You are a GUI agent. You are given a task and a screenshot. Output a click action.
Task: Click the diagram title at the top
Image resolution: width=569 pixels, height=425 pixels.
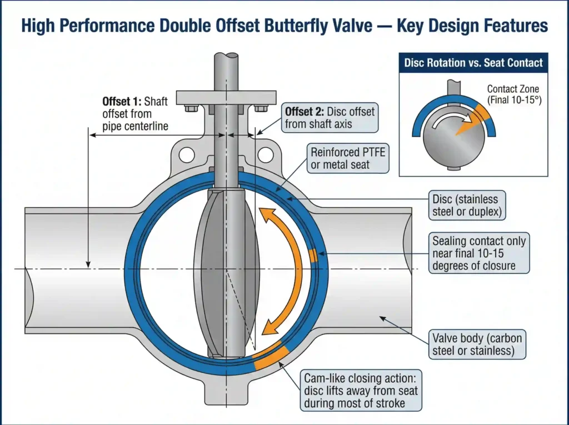tap(284, 26)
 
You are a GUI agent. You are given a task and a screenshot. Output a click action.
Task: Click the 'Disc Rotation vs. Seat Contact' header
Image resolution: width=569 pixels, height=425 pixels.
tap(473, 63)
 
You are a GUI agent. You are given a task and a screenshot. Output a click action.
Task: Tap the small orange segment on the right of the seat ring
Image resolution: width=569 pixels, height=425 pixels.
tap(313, 255)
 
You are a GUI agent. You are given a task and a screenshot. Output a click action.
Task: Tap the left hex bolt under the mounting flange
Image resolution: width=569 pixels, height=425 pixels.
tap(191, 108)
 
